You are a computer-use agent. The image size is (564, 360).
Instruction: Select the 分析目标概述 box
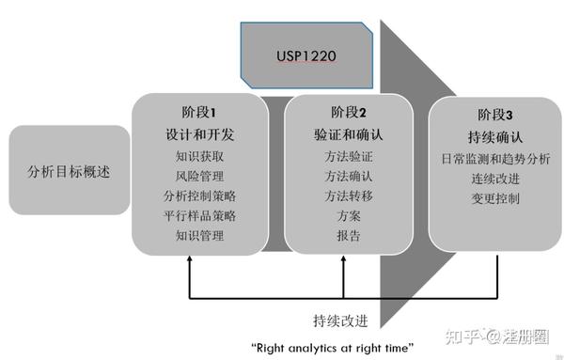[x=70, y=171]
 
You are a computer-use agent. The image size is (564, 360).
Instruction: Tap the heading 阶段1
[x=199, y=112]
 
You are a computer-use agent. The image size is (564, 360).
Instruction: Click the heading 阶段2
[x=348, y=113]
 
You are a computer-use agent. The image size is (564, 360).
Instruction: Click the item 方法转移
[x=348, y=196]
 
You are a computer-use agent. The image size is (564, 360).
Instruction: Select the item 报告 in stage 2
[x=348, y=236]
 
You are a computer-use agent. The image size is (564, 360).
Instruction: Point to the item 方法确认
[x=348, y=176]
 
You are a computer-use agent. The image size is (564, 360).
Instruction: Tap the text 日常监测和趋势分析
[x=496, y=158]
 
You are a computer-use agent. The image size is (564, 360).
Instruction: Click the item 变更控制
[x=496, y=198]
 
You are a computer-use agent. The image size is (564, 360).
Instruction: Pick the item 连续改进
[x=496, y=179]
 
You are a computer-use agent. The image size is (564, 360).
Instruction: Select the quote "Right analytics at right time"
[x=332, y=348]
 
